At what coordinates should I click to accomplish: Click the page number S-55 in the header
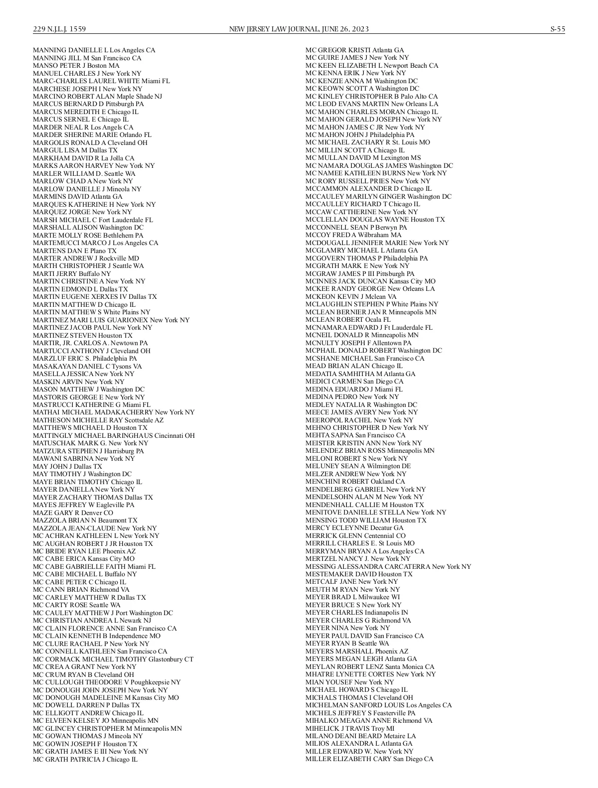click(557, 29)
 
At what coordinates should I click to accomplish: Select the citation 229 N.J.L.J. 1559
click(59, 29)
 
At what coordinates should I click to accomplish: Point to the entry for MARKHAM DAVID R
click(83, 158)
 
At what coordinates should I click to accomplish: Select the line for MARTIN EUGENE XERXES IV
click(95, 297)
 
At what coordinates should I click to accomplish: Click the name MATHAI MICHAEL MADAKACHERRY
click(93, 412)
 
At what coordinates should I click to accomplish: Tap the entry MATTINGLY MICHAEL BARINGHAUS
click(93, 435)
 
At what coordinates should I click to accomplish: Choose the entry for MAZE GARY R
click(73, 513)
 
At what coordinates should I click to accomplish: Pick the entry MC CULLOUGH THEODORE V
click(107, 682)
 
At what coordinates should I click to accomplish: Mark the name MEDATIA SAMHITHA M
click(344, 374)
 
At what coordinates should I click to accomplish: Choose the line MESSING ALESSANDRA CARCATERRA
click(368, 566)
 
